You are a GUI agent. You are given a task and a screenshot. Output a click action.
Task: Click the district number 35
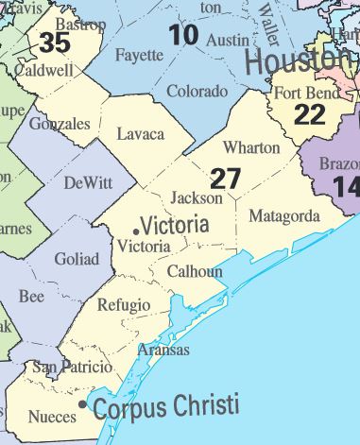55,43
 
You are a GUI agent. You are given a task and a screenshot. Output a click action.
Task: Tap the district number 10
184,35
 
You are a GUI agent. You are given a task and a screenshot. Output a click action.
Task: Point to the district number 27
226,178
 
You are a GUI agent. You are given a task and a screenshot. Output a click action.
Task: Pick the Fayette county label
139,55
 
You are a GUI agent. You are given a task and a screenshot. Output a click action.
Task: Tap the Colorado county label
197,92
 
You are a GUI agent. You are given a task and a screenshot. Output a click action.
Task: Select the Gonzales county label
60,124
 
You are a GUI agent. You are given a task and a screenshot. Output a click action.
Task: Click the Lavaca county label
141,134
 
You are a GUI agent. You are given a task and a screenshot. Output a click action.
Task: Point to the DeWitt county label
87,183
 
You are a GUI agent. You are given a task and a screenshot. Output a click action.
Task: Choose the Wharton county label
251,147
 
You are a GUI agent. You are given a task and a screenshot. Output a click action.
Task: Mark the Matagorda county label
283,216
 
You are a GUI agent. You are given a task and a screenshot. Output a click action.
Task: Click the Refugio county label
123,304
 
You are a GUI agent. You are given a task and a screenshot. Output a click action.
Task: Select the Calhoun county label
195,271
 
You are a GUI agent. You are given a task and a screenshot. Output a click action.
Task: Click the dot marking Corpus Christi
84,404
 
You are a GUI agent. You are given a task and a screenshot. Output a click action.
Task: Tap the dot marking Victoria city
137,231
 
